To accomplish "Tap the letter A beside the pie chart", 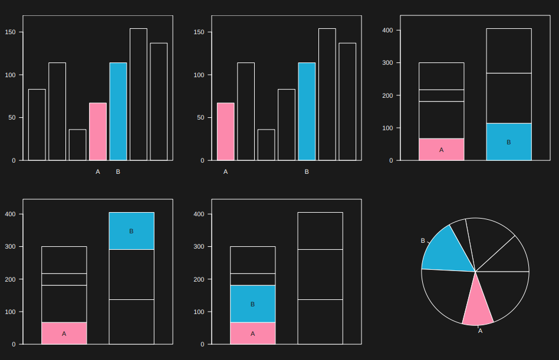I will [x=480, y=331].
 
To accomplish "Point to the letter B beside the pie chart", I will [x=423, y=241].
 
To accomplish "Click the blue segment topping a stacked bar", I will [x=131, y=231].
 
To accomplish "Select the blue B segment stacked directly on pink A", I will [x=252, y=304].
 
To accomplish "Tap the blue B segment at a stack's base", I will [x=508, y=142].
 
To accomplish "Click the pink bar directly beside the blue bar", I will [x=98, y=131].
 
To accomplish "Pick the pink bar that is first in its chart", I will [x=225, y=131].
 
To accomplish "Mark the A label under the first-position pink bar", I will [x=225, y=172].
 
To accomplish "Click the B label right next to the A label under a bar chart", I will [x=118, y=172].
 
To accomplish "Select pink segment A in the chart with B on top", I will [x=64, y=333].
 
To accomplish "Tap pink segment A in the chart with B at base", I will [x=441, y=150].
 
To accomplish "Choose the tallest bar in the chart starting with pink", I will [x=327, y=94].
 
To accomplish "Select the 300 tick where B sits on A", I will [x=199, y=247].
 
